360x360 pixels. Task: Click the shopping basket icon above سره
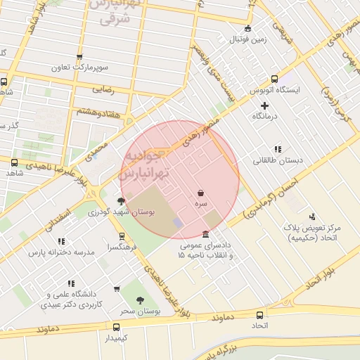click(202, 192)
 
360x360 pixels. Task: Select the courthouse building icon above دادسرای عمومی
click(205, 234)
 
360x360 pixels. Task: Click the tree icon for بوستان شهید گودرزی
click(121, 201)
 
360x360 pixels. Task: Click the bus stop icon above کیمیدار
click(116, 327)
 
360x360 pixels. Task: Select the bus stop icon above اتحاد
click(260, 316)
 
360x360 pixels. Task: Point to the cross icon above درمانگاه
click(264, 105)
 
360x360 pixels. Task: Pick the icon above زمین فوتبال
click(247, 28)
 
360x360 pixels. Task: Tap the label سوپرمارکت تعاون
click(79, 68)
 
